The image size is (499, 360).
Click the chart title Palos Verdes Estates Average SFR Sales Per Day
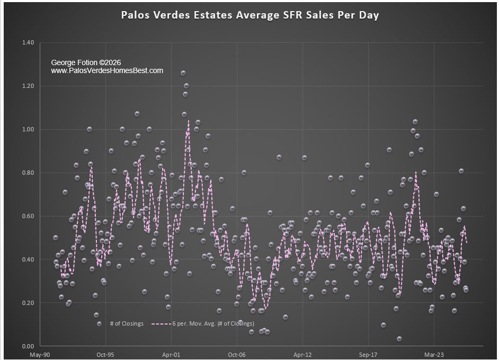coord(250,15)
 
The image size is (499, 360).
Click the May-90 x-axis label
coord(40,355)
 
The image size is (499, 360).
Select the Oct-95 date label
coord(105,355)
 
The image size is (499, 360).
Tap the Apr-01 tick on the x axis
coord(171,355)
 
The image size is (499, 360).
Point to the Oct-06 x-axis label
coord(237,355)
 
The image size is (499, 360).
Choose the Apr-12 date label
coord(302,355)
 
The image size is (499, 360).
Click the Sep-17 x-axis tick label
coord(368,355)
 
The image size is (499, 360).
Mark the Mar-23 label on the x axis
coord(434,355)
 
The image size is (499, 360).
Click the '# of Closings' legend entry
coord(127,323)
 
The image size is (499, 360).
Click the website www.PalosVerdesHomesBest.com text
coord(107,70)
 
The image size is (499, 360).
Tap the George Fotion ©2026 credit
coord(86,62)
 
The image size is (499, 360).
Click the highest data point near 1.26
coord(183,73)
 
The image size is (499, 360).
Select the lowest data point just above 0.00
coord(399,339)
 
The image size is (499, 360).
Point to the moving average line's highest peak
coord(188,121)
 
